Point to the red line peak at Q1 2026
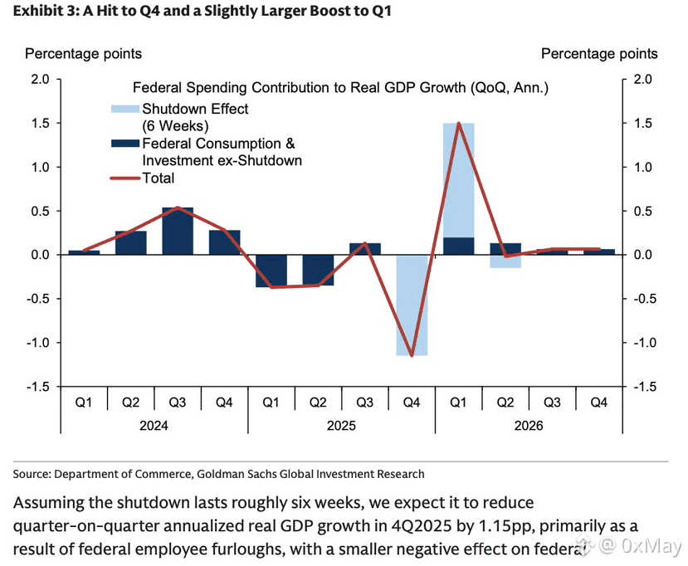[458, 124]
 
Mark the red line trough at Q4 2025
[412, 355]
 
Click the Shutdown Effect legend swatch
[124, 109]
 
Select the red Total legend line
[124, 178]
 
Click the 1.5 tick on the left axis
[40, 124]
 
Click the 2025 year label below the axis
[341, 426]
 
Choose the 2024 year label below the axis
[154, 426]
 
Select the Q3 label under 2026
[552, 403]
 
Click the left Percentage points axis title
[83, 54]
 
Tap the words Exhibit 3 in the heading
[41, 12]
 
